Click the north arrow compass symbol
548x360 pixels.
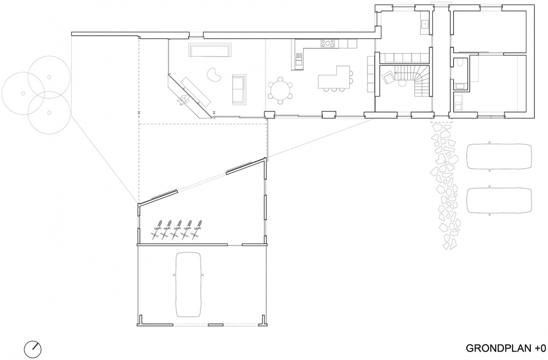33,349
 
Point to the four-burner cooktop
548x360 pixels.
328,43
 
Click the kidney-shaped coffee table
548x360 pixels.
213,74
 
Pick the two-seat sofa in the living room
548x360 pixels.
239,90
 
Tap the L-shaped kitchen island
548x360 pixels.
334,77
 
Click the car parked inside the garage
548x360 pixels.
189,285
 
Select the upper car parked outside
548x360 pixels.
499,156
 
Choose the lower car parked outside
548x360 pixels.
499,200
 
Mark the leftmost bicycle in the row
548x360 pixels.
158,229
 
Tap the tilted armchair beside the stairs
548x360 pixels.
388,77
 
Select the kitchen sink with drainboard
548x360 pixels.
298,59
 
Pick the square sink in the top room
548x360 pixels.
425,24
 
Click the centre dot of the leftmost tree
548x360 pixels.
23,93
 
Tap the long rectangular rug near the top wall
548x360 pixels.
210,50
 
